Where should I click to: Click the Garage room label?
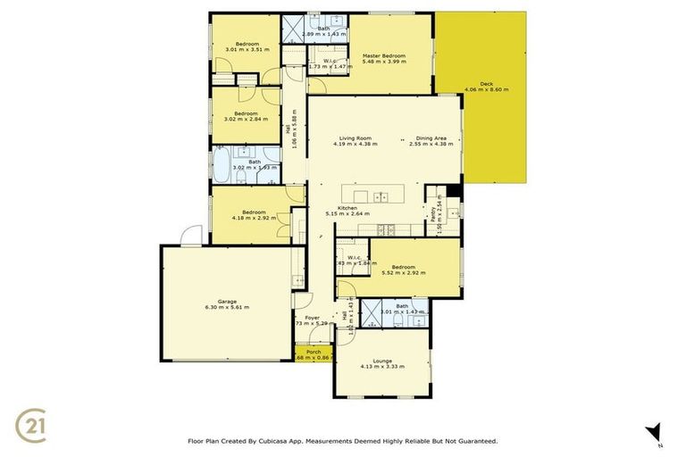[x=226, y=301]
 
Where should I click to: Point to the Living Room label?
[x=355, y=138]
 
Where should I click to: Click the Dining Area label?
[x=431, y=138]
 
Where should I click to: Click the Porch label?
[x=314, y=352]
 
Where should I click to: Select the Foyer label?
[x=312, y=318]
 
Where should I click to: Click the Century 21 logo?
[x=33, y=423]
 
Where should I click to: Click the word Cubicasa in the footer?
[x=280, y=441]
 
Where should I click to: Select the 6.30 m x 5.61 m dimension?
[x=226, y=307]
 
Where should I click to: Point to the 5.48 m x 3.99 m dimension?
[x=384, y=62]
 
